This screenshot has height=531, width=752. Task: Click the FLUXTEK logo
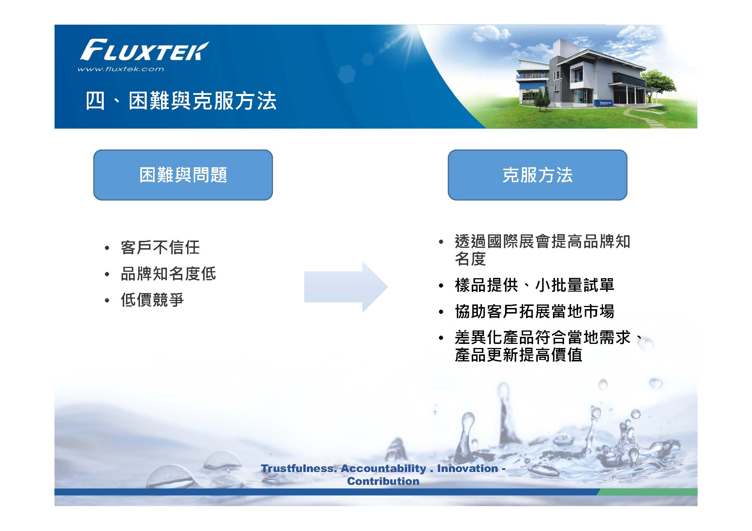[x=144, y=50]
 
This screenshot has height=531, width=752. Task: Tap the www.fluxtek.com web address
[x=120, y=69]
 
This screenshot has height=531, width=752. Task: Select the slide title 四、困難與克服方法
[x=181, y=100]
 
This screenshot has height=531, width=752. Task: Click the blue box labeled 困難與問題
[x=183, y=175]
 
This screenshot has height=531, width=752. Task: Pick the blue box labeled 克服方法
[x=537, y=175]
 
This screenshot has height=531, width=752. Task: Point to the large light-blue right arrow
[x=346, y=287]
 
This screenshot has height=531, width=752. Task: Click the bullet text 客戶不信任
[x=160, y=247]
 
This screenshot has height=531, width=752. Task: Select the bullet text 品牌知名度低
[x=168, y=274]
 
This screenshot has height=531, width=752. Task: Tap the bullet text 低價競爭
[x=152, y=300]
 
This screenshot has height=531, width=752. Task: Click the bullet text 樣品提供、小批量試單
[x=535, y=285]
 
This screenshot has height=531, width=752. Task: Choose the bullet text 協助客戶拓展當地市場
[x=535, y=311]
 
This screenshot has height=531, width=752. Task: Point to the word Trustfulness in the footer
[x=299, y=469]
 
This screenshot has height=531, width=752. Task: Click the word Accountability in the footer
[x=383, y=469]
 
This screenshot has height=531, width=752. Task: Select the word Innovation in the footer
[x=468, y=469]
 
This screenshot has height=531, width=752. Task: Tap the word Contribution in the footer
[x=383, y=481]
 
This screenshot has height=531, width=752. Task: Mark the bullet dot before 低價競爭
[x=107, y=300]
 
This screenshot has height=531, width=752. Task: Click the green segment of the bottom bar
[x=646, y=492]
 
